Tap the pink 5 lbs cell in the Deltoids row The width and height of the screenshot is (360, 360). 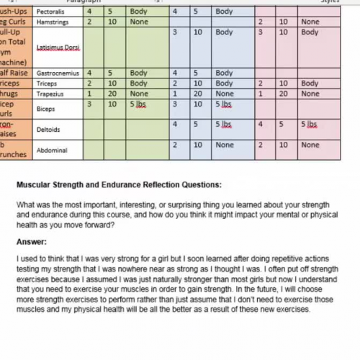click(309, 124)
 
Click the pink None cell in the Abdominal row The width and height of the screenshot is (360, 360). click(310, 145)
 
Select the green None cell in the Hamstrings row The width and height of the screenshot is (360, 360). click(139, 22)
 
